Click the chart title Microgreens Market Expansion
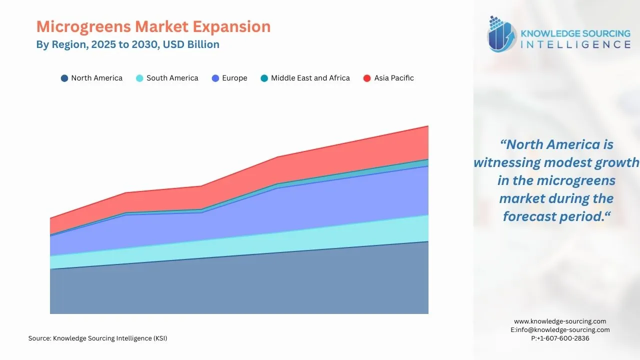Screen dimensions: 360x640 [153, 26]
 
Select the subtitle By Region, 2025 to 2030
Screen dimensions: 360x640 [127, 44]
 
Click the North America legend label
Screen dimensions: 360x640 [96, 78]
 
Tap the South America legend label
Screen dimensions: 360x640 [172, 78]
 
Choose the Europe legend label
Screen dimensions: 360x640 [234, 78]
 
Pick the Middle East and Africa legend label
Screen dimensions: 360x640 [310, 78]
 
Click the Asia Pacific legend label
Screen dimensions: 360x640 [394, 78]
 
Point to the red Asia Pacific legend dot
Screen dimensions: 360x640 [367, 78]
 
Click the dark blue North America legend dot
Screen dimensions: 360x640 [64, 78]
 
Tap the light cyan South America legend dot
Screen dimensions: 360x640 [140, 78]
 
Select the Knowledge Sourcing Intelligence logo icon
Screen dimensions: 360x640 [502, 34]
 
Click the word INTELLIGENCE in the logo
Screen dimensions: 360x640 [575, 45]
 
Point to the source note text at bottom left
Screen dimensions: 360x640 [97, 338]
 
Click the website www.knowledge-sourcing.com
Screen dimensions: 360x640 [560, 321]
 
